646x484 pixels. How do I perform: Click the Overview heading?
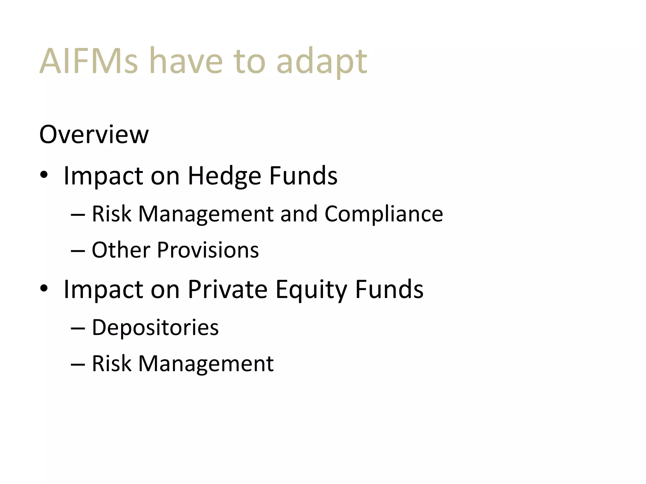pyautogui.click(x=94, y=135)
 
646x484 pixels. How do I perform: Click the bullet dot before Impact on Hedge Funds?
pyautogui.click(x=44, y=175)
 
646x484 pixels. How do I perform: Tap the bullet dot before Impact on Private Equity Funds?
pyautogui.click(x=44, y=288)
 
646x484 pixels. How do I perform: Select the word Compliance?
pyautogui.click(x=384, y=214)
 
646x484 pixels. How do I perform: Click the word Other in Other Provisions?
pyautogui.click(x=121, y=250)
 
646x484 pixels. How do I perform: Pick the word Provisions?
pyautogui.click(x=208, y=250)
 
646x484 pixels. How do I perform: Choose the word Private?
pyautogui.click(x=227, y=289)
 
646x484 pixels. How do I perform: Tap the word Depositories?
pyautogui.click(x=155, y=328)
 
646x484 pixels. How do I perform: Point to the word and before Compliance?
pyautogui.click(x=299, y=214)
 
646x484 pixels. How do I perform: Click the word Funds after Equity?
pyautogui.click(x=389, y=289)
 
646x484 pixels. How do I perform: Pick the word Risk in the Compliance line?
pyautogui.click(x=111, y=214)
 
